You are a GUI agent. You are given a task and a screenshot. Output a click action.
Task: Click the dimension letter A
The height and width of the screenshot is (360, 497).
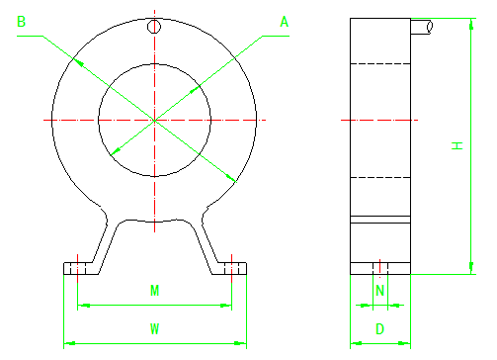pyautogui.click(x=285, y=22)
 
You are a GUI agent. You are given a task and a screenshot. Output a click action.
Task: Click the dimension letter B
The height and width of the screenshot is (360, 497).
pyautogui.click(x=21, y=22)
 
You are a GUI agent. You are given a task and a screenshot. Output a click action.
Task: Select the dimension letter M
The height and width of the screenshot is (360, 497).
pyautogui.click(x=154, y=291)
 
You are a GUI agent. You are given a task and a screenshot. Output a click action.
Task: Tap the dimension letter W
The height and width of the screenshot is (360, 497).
pyautogui.click(x=154, y=328)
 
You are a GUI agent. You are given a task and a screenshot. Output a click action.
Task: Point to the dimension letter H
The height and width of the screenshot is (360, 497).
pyautogui.click(x=456, y=145)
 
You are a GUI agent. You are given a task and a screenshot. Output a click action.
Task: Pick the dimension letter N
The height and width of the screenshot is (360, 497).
pyautogui.click(x=379, y=291)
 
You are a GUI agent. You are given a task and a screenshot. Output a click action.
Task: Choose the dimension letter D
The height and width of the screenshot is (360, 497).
pyautogui.click(x=379, y=328)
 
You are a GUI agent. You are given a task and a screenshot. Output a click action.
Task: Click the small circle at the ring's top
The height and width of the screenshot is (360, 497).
pyautogui.click(x=154, y=27)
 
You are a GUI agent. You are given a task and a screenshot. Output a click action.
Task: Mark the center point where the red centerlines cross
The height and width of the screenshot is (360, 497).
pyautogui.click(x=154, y=120)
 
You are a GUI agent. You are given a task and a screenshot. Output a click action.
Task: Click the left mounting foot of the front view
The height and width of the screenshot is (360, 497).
pyautogui.click(x=78, y=268)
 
